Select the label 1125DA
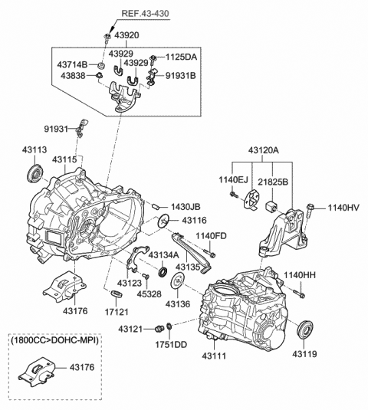coord(180,56)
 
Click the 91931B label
coord(181,76)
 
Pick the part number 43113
coord(35,150)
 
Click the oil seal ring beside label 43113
coord(35,172)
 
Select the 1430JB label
coord(186,208)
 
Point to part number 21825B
coord(273,183)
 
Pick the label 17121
coord(117,314)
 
